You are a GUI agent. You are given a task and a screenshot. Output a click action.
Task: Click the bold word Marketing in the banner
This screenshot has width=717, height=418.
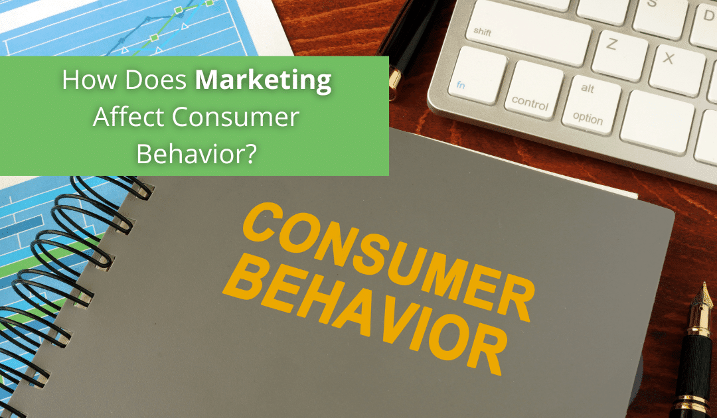pos(264,81)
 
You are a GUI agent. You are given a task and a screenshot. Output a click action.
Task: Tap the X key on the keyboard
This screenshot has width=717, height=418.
pos(668,60)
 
